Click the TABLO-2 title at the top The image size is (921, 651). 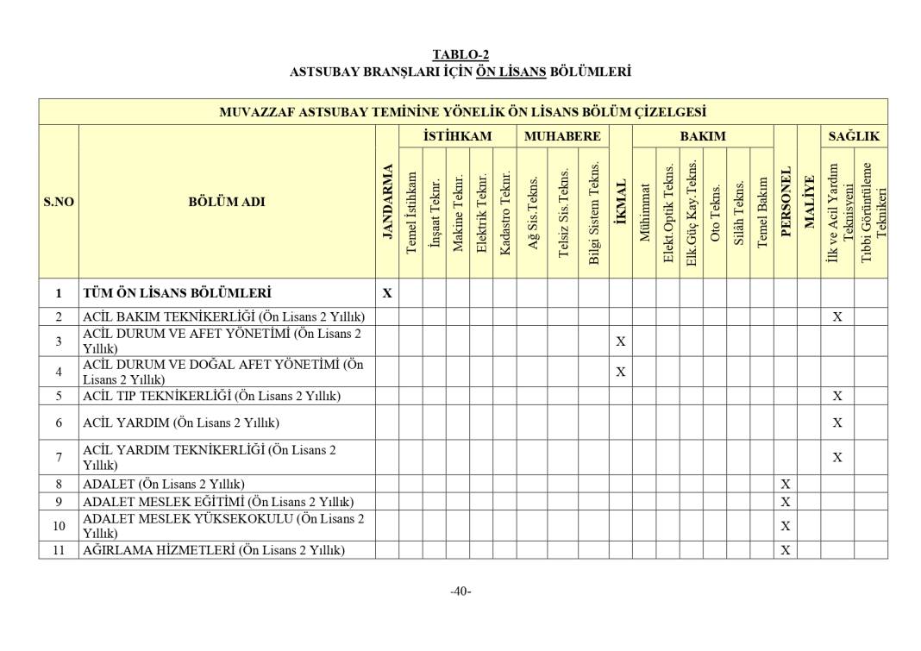[x=460, y=55]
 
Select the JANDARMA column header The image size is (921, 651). [x=387, y=202]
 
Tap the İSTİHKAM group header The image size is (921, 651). [x=457, y=136]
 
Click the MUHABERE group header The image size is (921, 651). [x=562, y=136]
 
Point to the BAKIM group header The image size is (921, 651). [x=702, y=136]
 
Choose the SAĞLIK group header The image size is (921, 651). [x=854, y=136]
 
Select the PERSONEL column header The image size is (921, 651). [x=785, y=202]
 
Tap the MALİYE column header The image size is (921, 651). [x=809, y=202]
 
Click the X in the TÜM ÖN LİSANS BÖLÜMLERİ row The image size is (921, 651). [x=387, y=293]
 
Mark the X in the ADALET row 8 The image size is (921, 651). [x=785, y=485]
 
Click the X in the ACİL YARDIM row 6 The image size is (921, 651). [x=836, y=423]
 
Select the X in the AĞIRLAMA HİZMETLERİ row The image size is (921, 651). [x=785, y=550]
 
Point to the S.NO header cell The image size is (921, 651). [x=59, y=202]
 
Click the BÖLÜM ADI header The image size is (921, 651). [x=227, y=202]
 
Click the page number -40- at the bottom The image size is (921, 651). [x=460, y=591]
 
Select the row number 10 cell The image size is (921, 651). [x=59, y=525]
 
